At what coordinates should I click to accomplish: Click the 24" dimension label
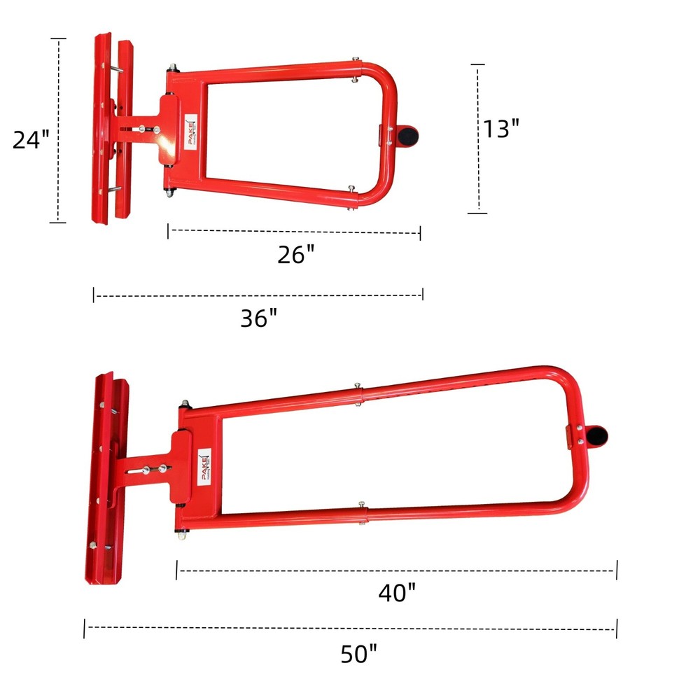31,139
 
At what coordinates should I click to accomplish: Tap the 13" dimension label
502,128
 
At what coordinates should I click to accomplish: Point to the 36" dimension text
259,318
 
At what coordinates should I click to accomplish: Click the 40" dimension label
397,593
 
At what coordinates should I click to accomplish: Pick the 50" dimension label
358,654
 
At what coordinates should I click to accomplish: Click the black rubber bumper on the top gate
407,134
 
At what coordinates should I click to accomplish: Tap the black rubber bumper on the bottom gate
596,437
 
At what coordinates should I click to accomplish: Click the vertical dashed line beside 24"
59,131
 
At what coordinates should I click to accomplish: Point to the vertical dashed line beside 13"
478,139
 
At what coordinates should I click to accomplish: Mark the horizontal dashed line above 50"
350,628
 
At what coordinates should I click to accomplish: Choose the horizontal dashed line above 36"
258,296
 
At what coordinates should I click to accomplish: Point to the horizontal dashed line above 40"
396,570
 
